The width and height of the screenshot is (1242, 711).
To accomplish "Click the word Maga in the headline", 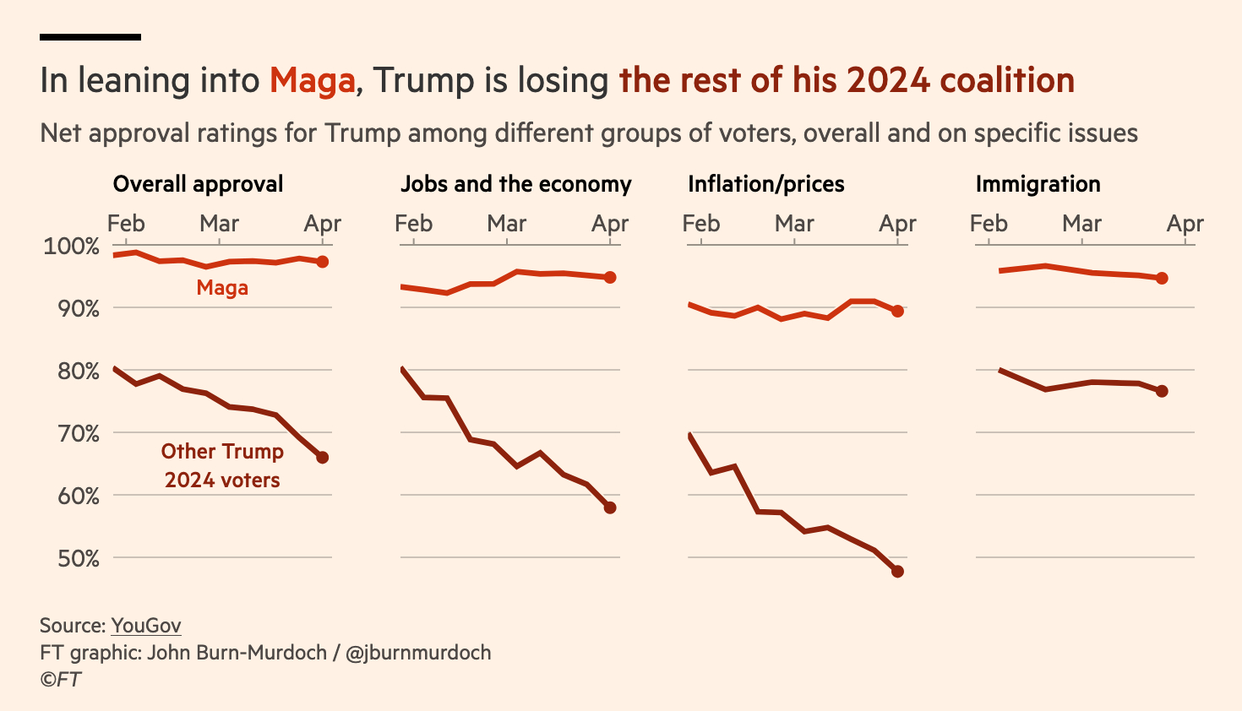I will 312,81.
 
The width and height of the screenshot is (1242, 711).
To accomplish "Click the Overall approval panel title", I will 198,184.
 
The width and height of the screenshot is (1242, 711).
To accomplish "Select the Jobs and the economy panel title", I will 515,184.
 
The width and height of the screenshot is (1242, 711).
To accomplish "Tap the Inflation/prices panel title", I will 765,184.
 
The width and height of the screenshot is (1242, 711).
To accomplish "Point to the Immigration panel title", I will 1038,184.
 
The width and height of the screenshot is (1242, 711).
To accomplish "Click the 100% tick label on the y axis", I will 72,247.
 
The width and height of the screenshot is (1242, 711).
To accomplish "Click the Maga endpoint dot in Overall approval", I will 322,262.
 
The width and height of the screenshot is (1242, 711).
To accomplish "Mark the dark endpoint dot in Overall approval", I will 322,458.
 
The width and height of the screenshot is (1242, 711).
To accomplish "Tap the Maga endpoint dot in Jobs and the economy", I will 610,277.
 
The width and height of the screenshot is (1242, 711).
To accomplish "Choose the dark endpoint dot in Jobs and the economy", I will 610,507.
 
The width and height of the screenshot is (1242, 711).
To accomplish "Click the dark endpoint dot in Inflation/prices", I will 897,572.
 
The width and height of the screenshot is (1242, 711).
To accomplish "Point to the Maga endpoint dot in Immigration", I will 1162,278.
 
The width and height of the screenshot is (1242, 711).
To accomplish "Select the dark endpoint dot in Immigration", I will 1162,391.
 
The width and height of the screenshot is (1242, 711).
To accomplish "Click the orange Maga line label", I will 222,288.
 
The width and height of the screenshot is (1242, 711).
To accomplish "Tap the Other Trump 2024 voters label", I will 222,465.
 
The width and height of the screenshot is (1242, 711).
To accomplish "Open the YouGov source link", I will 146,626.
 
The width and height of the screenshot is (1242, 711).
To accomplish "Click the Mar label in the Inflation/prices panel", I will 794,224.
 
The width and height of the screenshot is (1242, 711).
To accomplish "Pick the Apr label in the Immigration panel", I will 1185,224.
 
